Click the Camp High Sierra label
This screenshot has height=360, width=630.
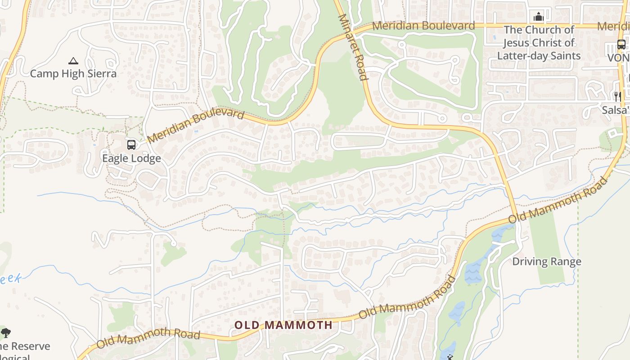(73, 73)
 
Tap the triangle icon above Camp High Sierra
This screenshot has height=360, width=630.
(73, 61)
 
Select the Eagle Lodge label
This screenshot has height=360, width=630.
(131, 158)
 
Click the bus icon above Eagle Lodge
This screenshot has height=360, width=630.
(131, 145)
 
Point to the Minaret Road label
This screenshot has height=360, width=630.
(353, 47)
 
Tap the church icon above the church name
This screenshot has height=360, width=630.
(538, 17)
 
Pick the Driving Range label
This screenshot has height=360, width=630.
(547, 261)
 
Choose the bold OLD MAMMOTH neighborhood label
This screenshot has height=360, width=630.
(283, 325)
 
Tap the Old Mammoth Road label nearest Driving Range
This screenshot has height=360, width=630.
(558, 199)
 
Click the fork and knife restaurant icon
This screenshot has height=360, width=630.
(617, 96)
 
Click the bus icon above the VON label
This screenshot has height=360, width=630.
(621, 45)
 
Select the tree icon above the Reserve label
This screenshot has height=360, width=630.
(6, 333)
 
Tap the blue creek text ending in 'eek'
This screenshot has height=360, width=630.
(10, 279)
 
